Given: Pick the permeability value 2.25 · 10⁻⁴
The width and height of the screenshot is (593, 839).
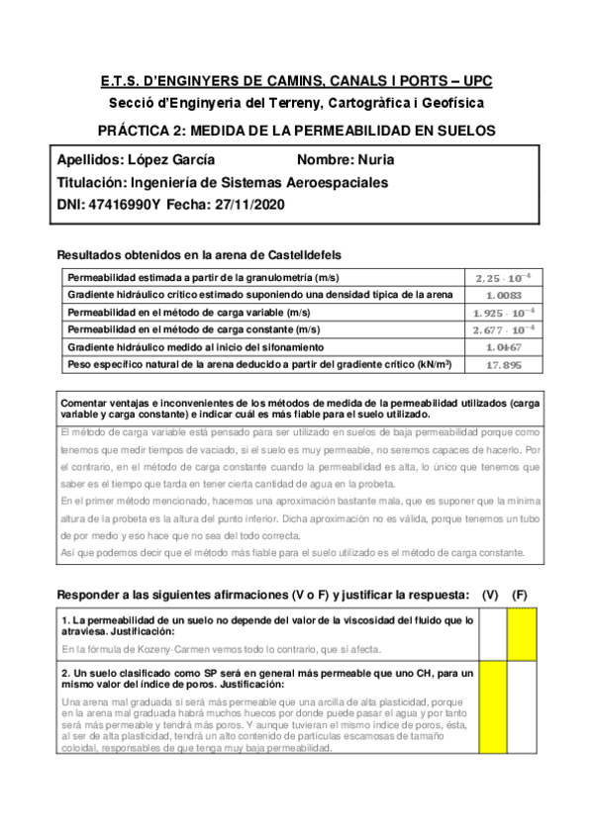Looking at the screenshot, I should coord(502,277).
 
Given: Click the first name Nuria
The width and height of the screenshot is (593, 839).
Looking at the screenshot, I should coord(372,159).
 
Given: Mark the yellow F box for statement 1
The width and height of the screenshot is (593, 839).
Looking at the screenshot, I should coord(522,633).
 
